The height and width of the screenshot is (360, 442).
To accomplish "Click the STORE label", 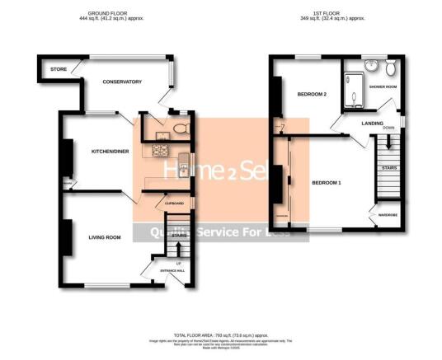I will (58, 69).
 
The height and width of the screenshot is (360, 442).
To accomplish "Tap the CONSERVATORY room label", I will (122, 82).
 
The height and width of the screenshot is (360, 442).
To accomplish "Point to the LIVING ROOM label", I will (105, 237).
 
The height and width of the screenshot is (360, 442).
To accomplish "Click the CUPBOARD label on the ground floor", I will (174, 203).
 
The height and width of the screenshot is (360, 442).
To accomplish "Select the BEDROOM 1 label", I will (326, 181).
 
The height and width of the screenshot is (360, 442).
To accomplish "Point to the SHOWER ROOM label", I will (383, 86).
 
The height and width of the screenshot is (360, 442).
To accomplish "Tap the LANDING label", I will (372, 123).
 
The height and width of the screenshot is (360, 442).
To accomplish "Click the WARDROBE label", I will (388, 216).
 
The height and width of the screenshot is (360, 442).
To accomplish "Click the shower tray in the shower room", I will (353, 92).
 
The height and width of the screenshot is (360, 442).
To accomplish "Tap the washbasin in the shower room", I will (372, 66).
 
